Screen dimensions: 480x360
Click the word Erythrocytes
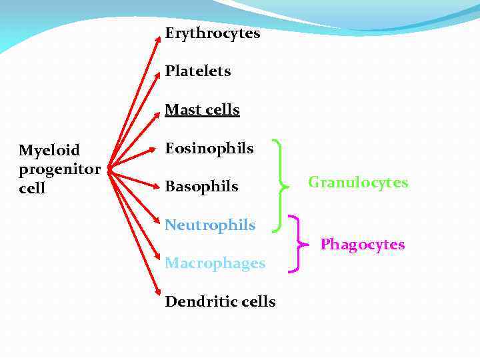coord(212,33)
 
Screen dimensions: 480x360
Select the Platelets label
coord(197,71)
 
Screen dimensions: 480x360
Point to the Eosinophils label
coord(209,148)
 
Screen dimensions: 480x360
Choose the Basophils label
coord(201,187)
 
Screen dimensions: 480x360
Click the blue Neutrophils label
coord(210,225)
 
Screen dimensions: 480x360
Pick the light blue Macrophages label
coord(215,263)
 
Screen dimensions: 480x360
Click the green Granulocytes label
coord(357,183)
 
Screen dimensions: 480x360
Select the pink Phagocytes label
coord(362,245)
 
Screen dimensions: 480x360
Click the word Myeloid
coord(49,149)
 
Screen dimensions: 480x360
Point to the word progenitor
coord(59,169)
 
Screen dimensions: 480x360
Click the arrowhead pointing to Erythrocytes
coord(158,37)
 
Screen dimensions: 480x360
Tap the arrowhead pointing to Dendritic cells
coord(158,292)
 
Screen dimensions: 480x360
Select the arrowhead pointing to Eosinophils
coord(157,150)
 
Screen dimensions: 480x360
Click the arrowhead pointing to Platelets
coord(158,75)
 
